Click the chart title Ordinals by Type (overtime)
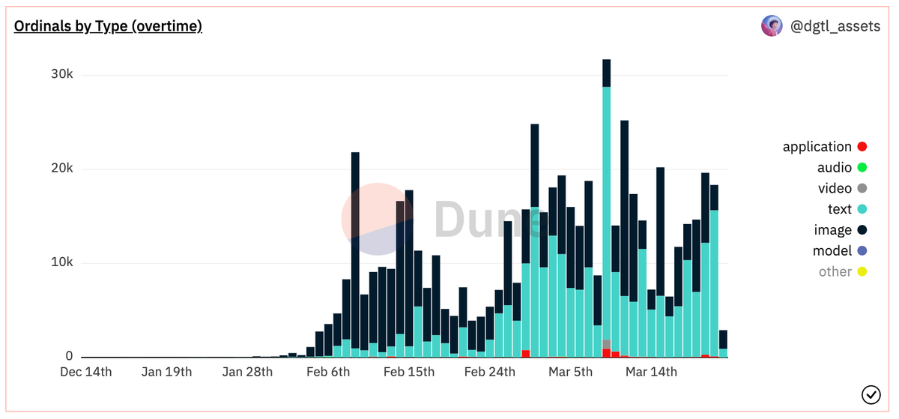pyautogui.click(x=108, y=26)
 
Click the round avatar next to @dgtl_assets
pyautogui.click(x=772, y=26)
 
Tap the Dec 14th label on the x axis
pyautogui.click(x=85, y=372)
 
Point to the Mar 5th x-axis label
pyautogui.click(x=570, y=372)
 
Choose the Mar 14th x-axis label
pyautogui.click(x=651, y=372)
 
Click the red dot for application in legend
pyautogui.click(x=862, y=147)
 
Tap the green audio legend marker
pyautogui.click(x=862, y=168)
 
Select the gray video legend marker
pyautogui.click(x=862, y=189)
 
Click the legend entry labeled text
pyautogui.click(x=839, y=209)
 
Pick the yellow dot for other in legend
pyautogui.click(x=862, y=271)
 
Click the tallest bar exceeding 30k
pyautogui.click(x=606, y=187)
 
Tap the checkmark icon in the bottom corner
pyautogui.click(x=871, y=394)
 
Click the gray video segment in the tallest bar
pyautogui.click(x=606, y=344)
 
